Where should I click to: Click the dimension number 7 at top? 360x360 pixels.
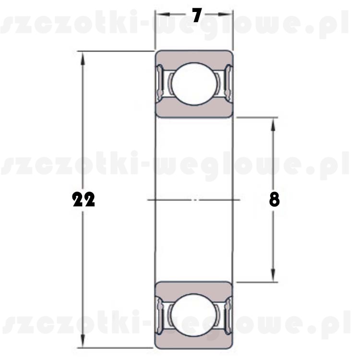197,15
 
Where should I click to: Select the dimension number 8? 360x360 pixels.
275,199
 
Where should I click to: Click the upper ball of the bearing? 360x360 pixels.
194,84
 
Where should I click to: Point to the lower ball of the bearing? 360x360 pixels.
194,315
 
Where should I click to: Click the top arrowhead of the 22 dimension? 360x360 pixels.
83,58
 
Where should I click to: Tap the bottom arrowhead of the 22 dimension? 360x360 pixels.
83,341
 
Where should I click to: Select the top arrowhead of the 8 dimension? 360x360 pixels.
273,124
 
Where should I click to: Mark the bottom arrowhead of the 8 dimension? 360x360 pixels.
273,276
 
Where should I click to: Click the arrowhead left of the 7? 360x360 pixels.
163,14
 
